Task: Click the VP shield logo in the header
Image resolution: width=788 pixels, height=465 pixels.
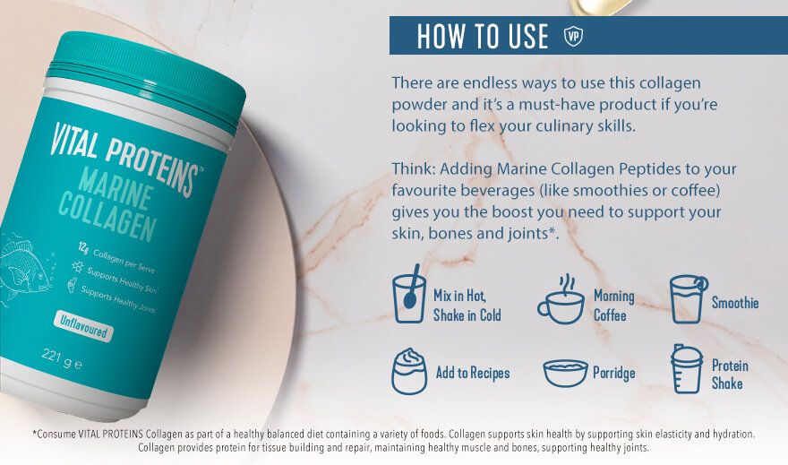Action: click(573, 36)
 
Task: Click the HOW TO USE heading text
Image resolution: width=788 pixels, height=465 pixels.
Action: click(483, 36)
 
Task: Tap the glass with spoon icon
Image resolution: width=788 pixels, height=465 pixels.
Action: click(409, 294)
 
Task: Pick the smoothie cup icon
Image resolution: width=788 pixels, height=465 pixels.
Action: click(689, 298)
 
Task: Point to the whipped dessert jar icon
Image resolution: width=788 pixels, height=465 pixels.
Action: click(409, 371)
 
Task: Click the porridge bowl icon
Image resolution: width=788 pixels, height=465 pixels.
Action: click(565, 373)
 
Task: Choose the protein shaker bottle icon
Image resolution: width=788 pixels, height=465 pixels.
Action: click(687, 368)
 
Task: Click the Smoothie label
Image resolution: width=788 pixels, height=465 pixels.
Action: click(735, 303)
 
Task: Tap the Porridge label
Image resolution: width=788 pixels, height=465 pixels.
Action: click(614, 373)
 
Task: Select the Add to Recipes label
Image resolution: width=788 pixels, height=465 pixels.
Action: click(473, 373)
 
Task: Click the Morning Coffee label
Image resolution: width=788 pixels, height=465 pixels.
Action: click(613, 306)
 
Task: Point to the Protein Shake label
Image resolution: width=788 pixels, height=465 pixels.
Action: click(730, 375)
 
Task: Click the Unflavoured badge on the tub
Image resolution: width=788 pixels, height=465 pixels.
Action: click(83, 327)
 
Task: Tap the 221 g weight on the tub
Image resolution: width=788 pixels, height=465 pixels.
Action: click(62, 359)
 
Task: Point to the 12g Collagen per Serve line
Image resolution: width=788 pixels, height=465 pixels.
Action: click(116, 258)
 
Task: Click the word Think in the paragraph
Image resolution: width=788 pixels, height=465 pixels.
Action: click(413, 168)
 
